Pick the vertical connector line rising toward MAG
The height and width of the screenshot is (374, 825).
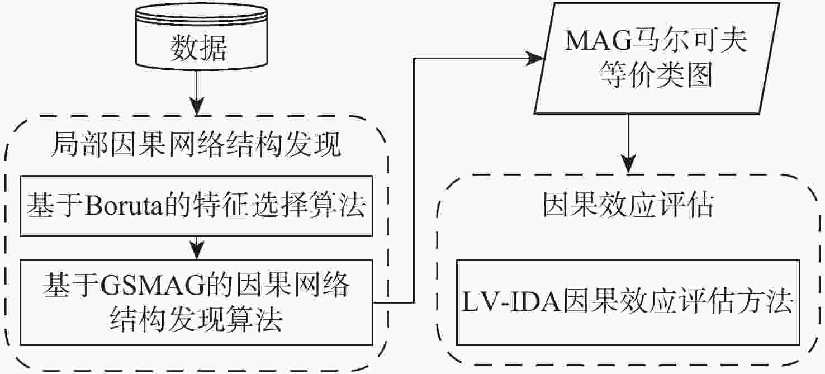pyautogui.click(x=414, y=179)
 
